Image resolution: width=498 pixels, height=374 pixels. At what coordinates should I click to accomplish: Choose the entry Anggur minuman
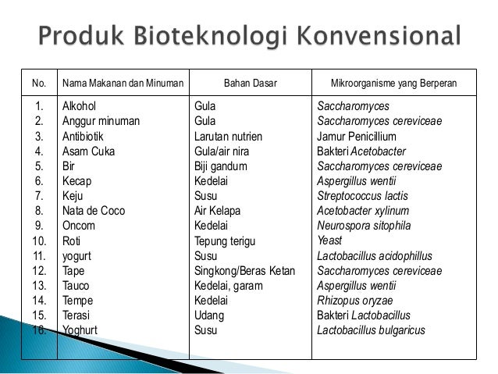(101, 121)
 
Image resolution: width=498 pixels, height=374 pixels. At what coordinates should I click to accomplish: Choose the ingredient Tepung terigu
(226, 241)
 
